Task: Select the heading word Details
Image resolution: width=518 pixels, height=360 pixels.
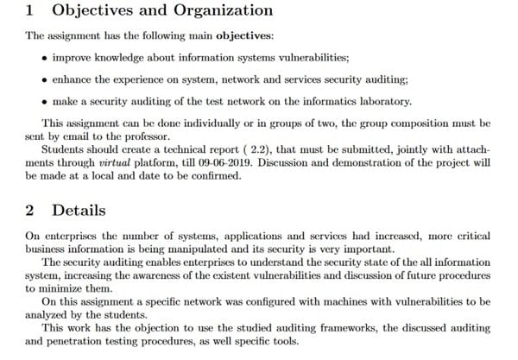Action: tap(79, 211)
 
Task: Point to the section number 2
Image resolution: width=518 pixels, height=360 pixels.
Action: tap(30, 211)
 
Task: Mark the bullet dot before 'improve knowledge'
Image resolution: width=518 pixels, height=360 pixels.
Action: tap(44, 58)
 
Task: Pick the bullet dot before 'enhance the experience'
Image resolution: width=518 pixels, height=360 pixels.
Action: tap(44, 79)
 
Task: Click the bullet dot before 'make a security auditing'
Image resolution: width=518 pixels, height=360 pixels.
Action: tap(44, 100)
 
